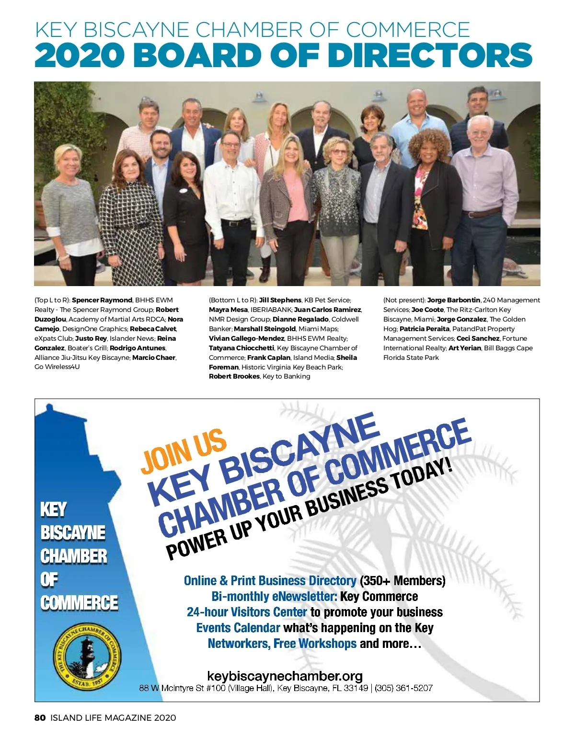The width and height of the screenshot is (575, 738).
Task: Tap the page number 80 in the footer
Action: coord(40,717)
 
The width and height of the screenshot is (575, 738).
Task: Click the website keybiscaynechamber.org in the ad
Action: coord(285,676)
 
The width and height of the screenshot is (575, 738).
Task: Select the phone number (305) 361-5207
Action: coord(403,688)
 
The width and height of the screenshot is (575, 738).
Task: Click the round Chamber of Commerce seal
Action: coord(86,655)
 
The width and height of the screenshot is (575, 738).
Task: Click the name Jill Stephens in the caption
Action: coord(280,300)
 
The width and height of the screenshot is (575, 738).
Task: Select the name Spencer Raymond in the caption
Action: coord(102,300)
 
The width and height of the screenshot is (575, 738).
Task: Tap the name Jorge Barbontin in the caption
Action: coord(453,300)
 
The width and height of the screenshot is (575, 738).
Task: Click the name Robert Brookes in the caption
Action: coord(234,376)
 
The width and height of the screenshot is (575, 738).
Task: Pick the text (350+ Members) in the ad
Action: coord(402,581)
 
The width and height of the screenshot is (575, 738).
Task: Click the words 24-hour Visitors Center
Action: coord(247,612)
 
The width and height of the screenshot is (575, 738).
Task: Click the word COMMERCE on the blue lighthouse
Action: coord(79,603)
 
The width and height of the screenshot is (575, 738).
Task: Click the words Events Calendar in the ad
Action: coord(238,628)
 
